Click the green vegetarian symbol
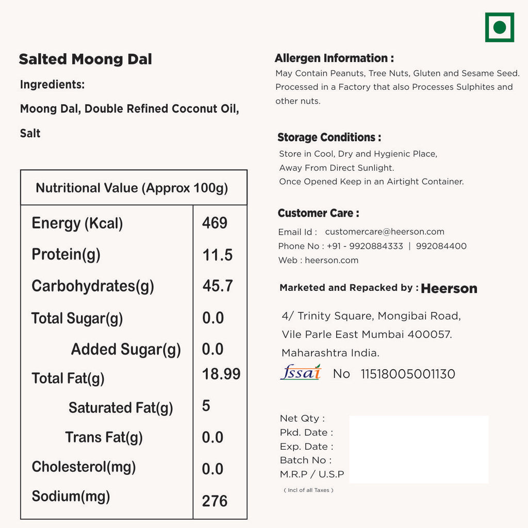click(499, 27)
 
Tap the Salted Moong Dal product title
click(86, 59)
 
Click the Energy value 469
click(214, 223)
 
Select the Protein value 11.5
click(217, 255)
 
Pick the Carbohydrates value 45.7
click(218, 286)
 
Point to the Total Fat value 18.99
click(221, 374)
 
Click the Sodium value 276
click(214, 501)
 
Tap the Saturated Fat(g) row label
click(121, 408)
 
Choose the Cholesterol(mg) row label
click(84, 467)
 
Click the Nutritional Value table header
click(132, 188)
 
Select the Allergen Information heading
click(334, 58)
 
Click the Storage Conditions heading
click(329, 138)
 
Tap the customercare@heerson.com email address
click(385, 232)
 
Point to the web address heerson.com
click(332, 260)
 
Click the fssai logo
click(301, 372)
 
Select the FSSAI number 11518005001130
click(408, 374)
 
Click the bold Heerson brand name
click(449, 289)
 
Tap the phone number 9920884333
click(374, 246)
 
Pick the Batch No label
click(306, 460)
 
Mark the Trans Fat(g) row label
click(104, 438)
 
